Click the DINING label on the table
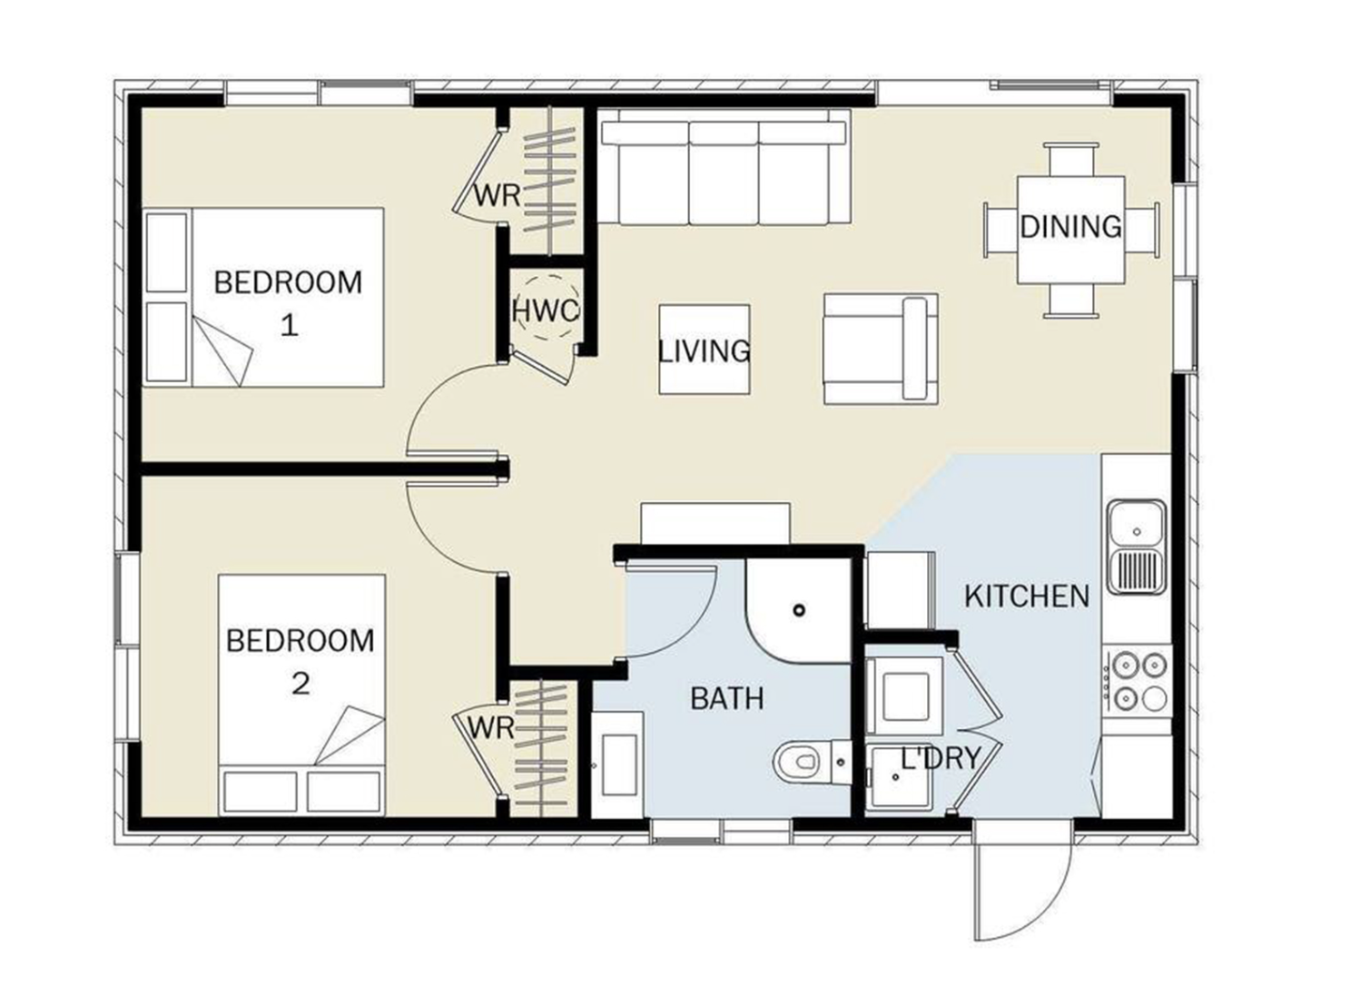tap(1070, 227)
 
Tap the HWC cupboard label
tap(546, 311)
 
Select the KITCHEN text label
tap(1027, 597)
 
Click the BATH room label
tap(726, 699)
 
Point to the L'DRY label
tap(941, 758)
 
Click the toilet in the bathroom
tap(812, 762)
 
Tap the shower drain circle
tap(799, 610)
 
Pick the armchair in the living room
tap(881, 350)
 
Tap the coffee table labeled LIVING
tap(705, 350)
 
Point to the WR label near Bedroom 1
tap(497, 195)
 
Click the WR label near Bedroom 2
tap(491, 728)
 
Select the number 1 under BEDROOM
tap(289, 327)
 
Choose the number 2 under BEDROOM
tap(301, 685)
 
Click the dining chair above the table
tap(1071, 159)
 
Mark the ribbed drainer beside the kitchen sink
tap(1136, 573)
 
